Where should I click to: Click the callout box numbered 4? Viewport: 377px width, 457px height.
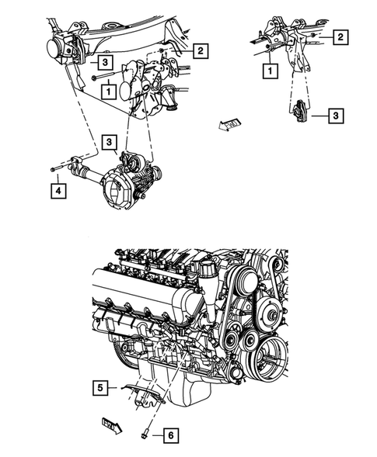click(58, 188)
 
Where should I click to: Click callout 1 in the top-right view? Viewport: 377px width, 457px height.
click(270, 71)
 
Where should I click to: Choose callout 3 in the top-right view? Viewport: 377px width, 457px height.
click(335, 116)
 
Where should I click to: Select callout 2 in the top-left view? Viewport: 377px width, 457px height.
click(200, 51)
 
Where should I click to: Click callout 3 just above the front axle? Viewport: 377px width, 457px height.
click(110, 142)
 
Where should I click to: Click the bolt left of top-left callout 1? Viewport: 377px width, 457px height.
click(93, 78)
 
